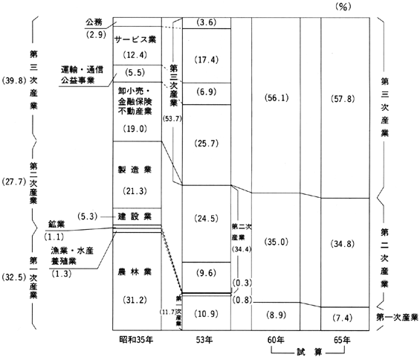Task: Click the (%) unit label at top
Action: pyautogui.click(x=343, y=7)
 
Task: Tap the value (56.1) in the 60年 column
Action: pyautogui.click(x=277, y=98)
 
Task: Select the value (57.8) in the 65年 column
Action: pyautogui.click(x=343, y=99)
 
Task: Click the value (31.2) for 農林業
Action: pyautogui.click(x=135, y=300)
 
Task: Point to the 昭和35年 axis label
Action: pyautogui.click(x=136, y=340)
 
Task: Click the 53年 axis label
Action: pyautogui.click(x=204, y=340)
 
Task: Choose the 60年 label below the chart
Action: pyautogui.click(x=276, y=340)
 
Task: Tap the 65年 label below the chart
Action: pyautogui.click(x=342, y=340)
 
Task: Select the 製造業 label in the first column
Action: pyautogui.click(x=135, y=170)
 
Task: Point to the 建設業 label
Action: pyautogui.click(x=135, y=216)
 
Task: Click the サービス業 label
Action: pyautogui.click(x=135, y=39)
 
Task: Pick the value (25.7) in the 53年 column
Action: pyautogui.click(x=206, y=144)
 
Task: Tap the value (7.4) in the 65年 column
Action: pyautogui.click(x=343, y=318)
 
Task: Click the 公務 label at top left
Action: pyautogui.click(x=94, y=22)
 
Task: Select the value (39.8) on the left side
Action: pyautogui.click(x=14, y=80)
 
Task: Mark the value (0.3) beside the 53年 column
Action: pyautogui.click(x=242, y=283)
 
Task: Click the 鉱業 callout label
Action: pyautogui.click(x=56, y=224)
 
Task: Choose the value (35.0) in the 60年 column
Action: pyautogui.click(x=277, y=242)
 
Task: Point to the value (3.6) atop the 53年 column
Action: pyautogui.click(x=206, y=22)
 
